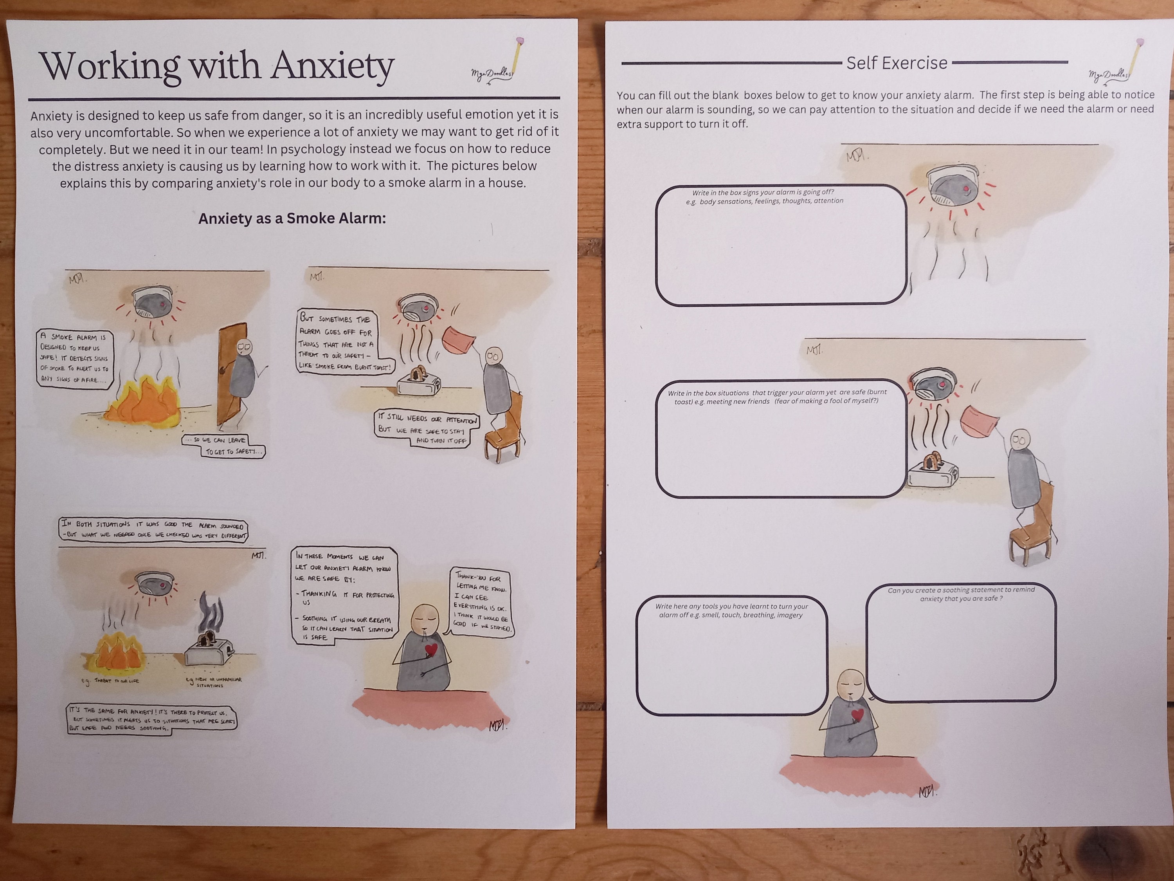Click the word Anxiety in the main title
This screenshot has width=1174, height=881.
332,67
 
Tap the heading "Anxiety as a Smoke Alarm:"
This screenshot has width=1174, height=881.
292,218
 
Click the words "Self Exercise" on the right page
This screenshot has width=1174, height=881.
897,63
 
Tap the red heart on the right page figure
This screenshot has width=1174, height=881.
858,715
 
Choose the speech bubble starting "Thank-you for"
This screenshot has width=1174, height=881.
481,602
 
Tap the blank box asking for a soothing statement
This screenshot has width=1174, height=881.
961,645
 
